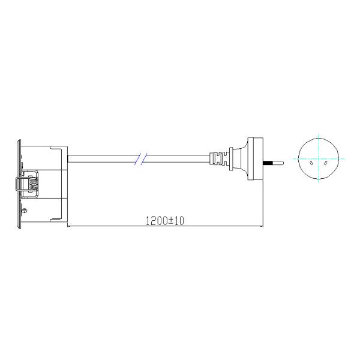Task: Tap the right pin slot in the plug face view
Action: (324, 162)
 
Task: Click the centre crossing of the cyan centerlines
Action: (317, 158)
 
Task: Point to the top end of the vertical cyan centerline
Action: (317, 133)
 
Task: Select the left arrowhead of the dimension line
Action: (70, 226)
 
